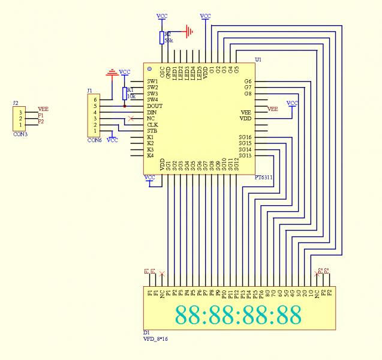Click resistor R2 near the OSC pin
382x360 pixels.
point(161,38)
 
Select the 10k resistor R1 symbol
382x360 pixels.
point(125,93)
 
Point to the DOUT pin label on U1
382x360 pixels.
point(155,106)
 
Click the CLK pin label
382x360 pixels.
point(153,125)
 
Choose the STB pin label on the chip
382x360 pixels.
point(152,131)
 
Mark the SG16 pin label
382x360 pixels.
point(245,137)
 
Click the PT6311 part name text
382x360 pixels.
point(264,178)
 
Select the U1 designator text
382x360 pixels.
point(258,60)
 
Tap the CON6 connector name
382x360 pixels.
point(94,140)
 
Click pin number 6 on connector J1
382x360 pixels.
point(95,100)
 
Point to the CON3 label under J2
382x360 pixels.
point(20,134)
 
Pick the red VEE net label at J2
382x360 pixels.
point(43,109)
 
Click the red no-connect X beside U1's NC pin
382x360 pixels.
point(131,119)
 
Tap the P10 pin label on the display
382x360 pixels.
point(224,295)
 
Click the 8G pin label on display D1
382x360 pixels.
point(267,294)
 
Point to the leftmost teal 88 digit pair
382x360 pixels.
point(187,315)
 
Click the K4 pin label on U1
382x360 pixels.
point(151,156)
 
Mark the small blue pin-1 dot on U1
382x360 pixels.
point(149,70)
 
